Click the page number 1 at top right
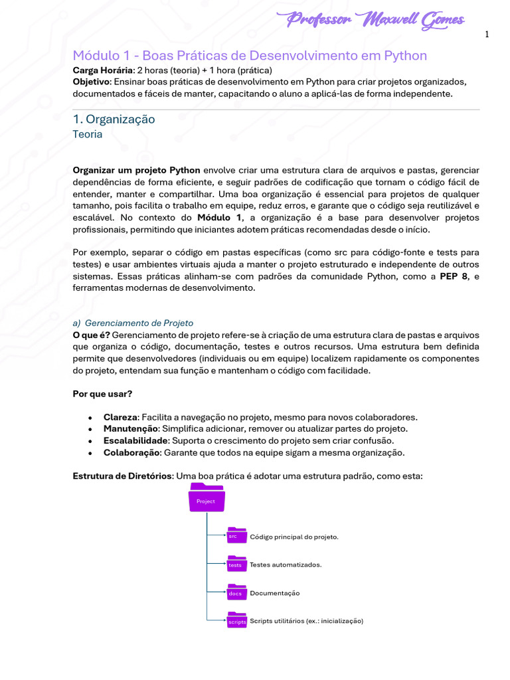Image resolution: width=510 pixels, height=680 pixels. coord(487,35)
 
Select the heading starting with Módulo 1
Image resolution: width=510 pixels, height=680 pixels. coord(250,55)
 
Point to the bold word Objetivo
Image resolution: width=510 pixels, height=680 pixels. coord(92,82)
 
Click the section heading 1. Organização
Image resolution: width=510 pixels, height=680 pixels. coord(114,119)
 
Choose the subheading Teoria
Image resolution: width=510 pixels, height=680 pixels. coord(88,133)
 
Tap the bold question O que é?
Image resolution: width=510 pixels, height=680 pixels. coord(91,335)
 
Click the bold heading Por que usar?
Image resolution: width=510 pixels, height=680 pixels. coord(102,394)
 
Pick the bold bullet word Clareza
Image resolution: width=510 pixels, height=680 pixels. coord(120,417)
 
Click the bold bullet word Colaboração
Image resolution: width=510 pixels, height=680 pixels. coord(131,453)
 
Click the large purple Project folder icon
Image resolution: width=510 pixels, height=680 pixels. coord(207,497)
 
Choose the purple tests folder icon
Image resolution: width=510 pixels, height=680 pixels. coord(236,564)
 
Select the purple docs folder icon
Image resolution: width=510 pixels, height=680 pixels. coord(236,592)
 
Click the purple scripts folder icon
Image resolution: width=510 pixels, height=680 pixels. coord(237,620)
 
